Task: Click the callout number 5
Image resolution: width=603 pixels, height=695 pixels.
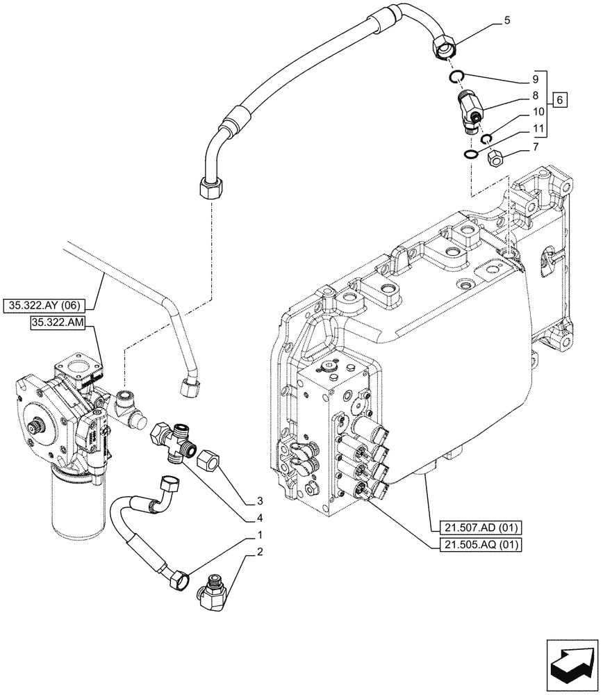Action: (506, 20)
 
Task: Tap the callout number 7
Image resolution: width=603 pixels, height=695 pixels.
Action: (534, 147)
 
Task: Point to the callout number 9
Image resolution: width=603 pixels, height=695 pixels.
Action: (534, 79)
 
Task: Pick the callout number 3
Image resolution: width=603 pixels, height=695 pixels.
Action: (258, 500)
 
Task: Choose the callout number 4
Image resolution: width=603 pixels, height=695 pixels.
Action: (258, 517)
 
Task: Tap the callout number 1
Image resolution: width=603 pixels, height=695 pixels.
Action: (258, 536)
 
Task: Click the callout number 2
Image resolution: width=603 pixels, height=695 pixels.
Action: (258, 553)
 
